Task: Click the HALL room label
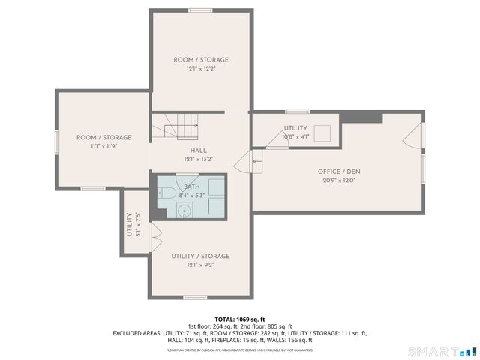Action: click(199, 151)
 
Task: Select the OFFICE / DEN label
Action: click(340, 172)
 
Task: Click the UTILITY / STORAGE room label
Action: click(200, 256)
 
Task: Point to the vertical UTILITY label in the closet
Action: click(130, 224)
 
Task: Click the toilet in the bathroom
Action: click(166, 193)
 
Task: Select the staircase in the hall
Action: click(177, 126)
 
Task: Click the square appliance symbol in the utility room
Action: click(324, 133)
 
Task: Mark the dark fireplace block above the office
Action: click(361, 118)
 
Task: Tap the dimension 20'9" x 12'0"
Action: click(340, 180)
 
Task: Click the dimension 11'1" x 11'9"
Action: click(103, 146)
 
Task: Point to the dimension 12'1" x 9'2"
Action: click(200, 265)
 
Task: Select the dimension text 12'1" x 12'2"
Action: click(201, 68)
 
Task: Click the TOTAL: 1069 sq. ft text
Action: click(240, 319)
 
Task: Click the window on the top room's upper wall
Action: click(199, 10)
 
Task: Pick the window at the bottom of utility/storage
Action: click(195, 298)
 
